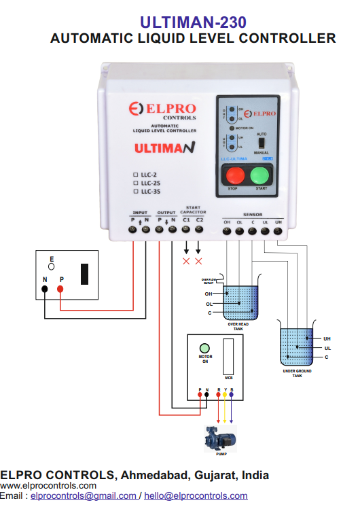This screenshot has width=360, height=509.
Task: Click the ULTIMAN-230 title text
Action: (x=193, y=23)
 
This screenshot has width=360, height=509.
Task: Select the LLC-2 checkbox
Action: (x=136, y=174)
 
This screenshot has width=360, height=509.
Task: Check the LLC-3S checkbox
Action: (x=136, y=192)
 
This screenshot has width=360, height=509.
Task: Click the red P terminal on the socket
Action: (x=60, y=289)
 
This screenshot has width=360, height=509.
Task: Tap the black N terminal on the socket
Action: (x=45, y=289)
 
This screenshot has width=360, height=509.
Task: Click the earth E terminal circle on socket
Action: (x=51, y=267)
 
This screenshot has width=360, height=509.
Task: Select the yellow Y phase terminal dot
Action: (x=225, y=394)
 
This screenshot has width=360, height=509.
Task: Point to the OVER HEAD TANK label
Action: (x=235, y=326)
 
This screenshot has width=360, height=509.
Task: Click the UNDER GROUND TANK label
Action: (x=297, y=374)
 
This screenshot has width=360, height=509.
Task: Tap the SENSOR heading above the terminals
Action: (x=253, y=214)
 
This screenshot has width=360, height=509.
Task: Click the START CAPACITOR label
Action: (x=192, y=209)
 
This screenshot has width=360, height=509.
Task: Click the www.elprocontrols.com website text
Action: (x=48, y=486)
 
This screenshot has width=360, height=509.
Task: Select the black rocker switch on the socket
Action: (x=85, y=273)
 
